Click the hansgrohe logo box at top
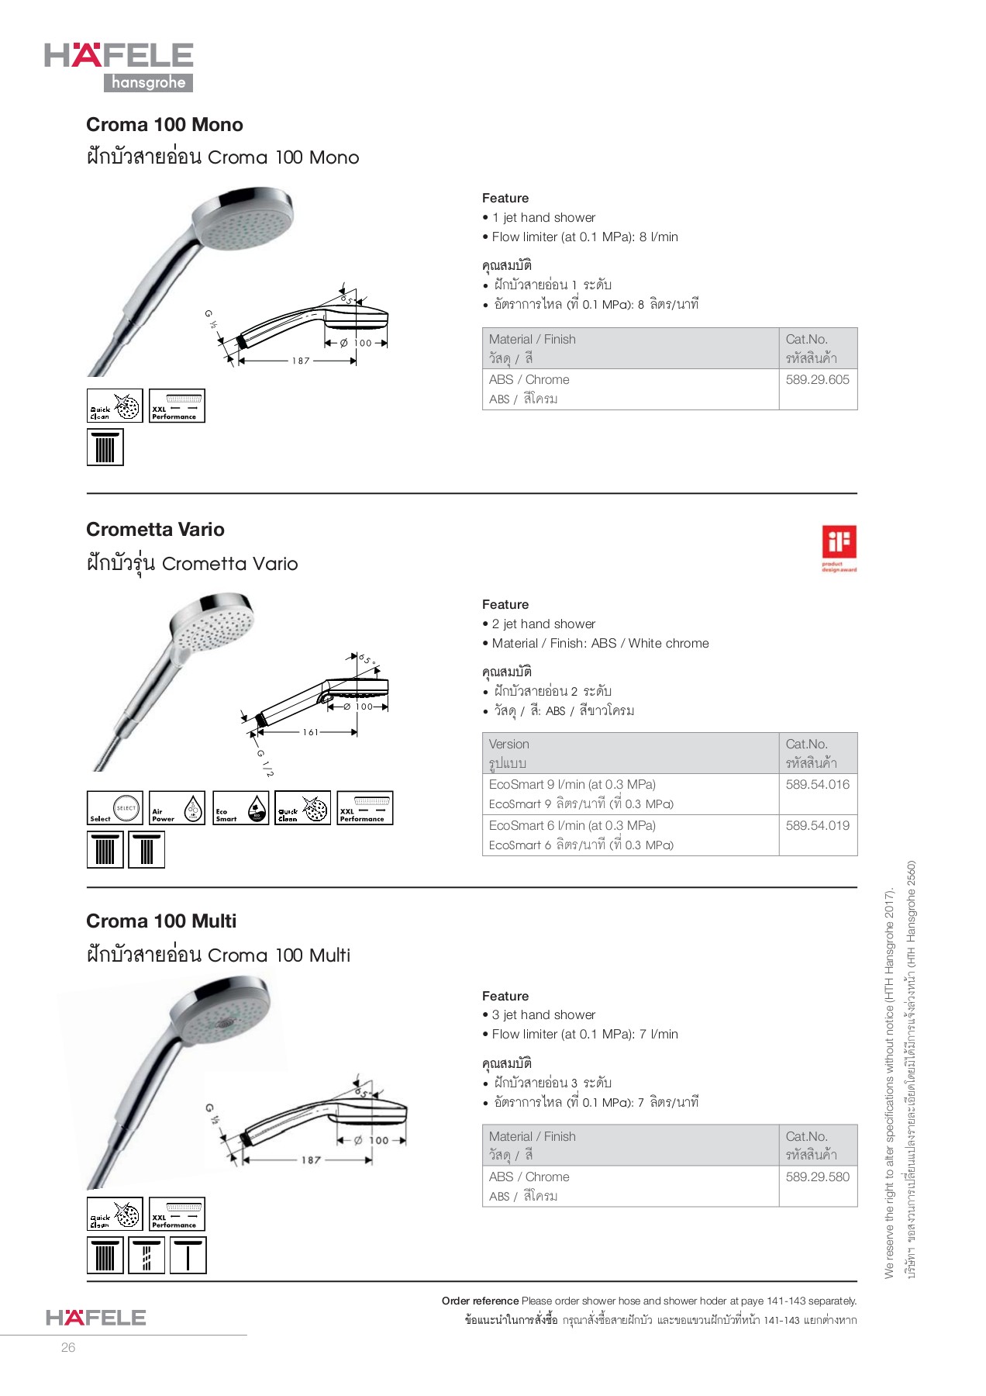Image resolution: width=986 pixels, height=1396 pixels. tap(148, 82)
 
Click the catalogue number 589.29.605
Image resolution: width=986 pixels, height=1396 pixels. tap(817, 379)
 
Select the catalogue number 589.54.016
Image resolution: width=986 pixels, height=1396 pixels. tap(817, 784)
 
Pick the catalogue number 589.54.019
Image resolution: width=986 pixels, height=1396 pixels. tap(817, 825)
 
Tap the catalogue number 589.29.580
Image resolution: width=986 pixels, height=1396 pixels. tap(817, 1177)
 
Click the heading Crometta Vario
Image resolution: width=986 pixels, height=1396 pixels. tap(155, 530)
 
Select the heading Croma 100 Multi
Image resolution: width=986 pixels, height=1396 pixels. tap(161, 921)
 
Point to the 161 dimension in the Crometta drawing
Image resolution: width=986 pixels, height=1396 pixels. tap(310, 732)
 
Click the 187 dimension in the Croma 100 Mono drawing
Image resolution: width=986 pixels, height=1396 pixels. tap(301, 361)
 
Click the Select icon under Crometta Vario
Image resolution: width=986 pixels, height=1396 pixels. tap(115, 808)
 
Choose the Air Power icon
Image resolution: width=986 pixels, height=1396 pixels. tap(177, 808)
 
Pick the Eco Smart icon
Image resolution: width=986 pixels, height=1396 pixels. tap(240, 808)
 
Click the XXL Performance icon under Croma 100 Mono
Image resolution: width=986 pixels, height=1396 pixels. tap(177, 406)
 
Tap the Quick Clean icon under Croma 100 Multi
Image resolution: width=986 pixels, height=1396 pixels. tap(115, 1215)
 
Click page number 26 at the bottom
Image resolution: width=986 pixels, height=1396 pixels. tap(68, 1347)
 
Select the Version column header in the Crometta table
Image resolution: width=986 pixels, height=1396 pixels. tap(509, 745)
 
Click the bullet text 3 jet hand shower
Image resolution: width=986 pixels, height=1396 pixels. tap(543, 1014)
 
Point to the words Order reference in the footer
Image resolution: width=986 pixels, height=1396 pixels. tap(480, 1301)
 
